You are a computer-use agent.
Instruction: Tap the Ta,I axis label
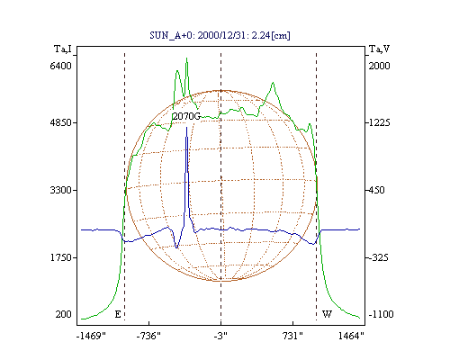tap(63, 49)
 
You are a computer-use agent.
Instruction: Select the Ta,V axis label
tap(379, 49)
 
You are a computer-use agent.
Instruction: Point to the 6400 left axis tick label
tap(61, 66)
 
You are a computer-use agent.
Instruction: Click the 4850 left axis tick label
tap(61, 122)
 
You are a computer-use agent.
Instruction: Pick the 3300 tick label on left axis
tap(61, 190)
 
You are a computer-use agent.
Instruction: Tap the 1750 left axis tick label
tap(61, 257)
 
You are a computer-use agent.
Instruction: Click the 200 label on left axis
tap(64, 314)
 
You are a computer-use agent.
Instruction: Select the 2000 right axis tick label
tap(379, 66)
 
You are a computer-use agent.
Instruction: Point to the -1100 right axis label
tap(381, 314)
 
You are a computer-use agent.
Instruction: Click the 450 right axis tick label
tap(376, 190)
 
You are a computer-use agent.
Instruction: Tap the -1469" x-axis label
tap(92, 336)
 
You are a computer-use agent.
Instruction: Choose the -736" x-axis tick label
tap(148, 336)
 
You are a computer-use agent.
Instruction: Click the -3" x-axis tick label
tap(220, 336)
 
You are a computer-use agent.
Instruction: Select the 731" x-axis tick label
tap(292, 336)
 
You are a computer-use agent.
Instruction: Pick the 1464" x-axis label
tap(351, 336)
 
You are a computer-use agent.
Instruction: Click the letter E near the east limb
tap(118, 314)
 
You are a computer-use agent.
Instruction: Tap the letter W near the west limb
tap(327, 314)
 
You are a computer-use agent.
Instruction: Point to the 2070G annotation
tap(186, 116)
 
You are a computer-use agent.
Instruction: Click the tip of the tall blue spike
tap(186, 127)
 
